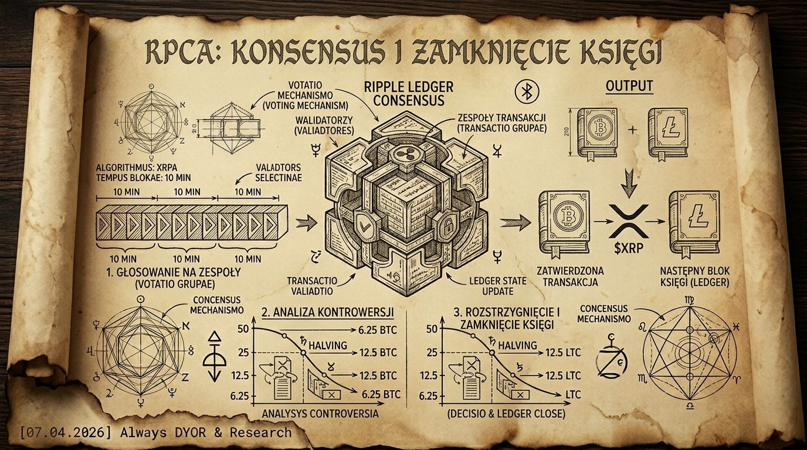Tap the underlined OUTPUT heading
tap(629, 86)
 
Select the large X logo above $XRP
tap(628, 221)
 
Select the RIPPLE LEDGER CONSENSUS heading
tap(409, 94)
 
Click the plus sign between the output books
tap(631, 130)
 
